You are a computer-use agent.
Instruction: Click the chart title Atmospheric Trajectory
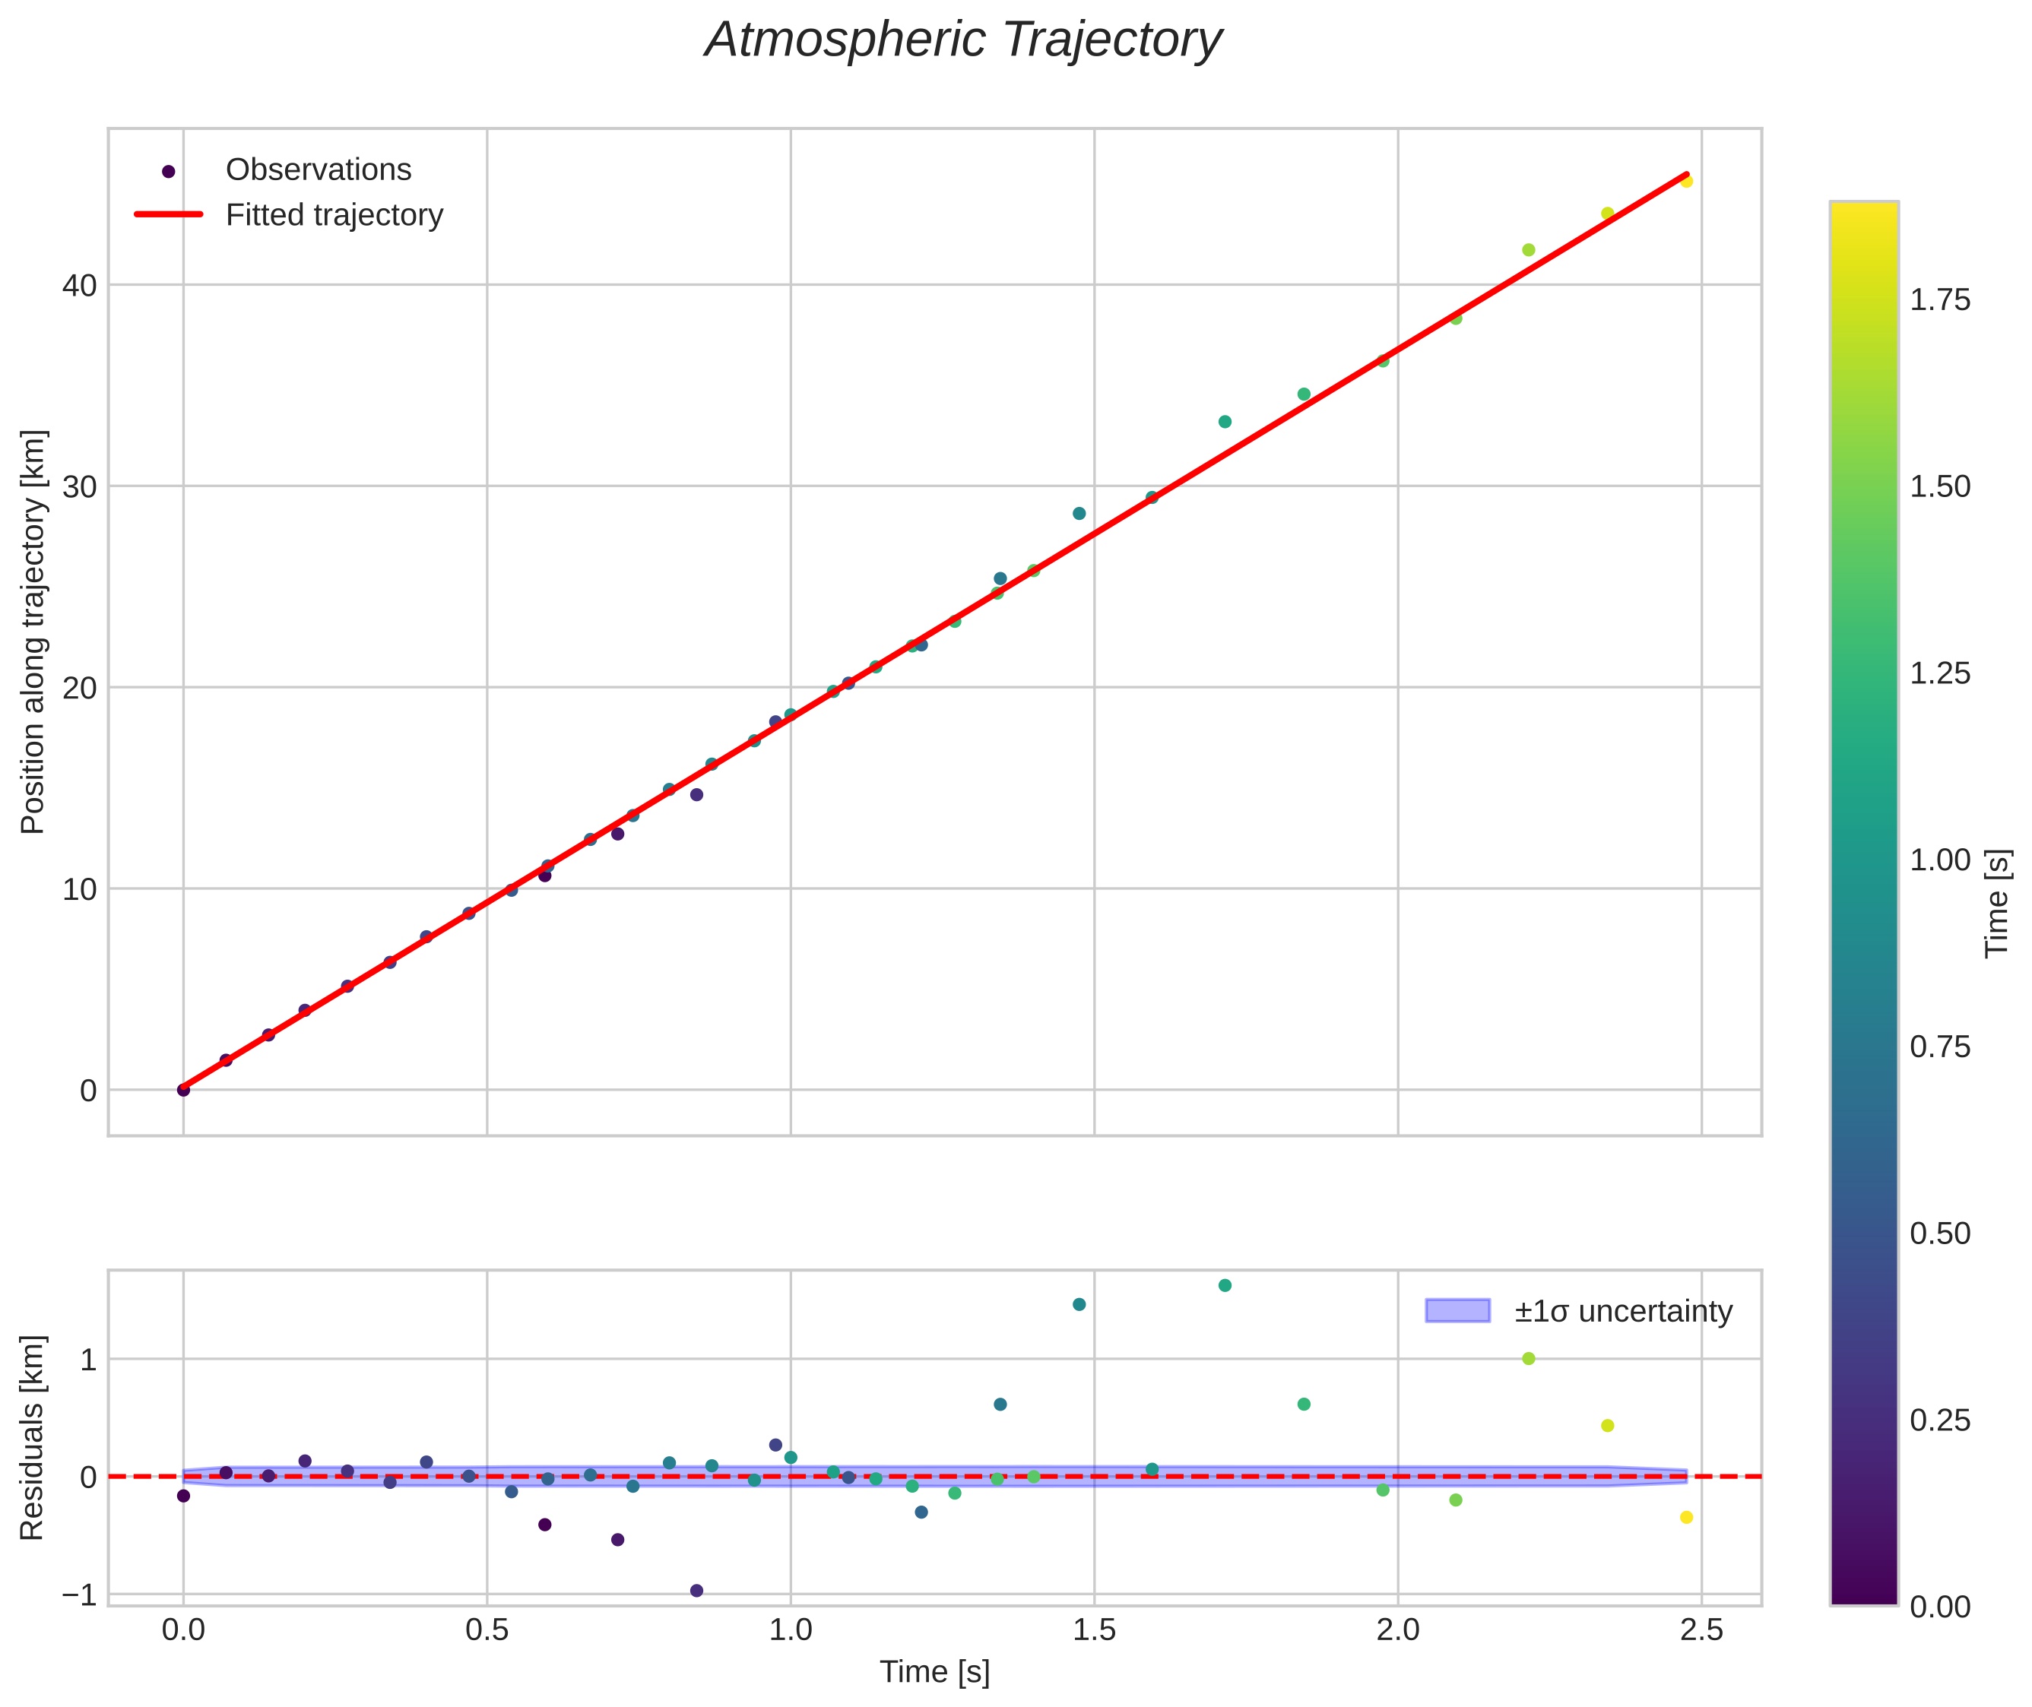tap(963, 40)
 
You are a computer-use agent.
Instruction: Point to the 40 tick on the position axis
tap(79, 286)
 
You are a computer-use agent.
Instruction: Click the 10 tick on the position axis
tap(79, 889)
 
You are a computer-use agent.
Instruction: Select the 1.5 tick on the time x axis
tap(1094, 1630)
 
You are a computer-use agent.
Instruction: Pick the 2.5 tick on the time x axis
tap(1701, 1630)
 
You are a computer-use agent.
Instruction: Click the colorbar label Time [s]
tap(1998, 903)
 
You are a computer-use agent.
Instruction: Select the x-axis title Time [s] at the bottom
tap(934, 1672)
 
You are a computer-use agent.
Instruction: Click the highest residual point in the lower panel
tap(1225, 1285)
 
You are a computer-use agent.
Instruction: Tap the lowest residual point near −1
tap(696, 1591)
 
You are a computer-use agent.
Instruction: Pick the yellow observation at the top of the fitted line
tap(1686, 181)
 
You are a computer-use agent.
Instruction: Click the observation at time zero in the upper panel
tap(183, 1090)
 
